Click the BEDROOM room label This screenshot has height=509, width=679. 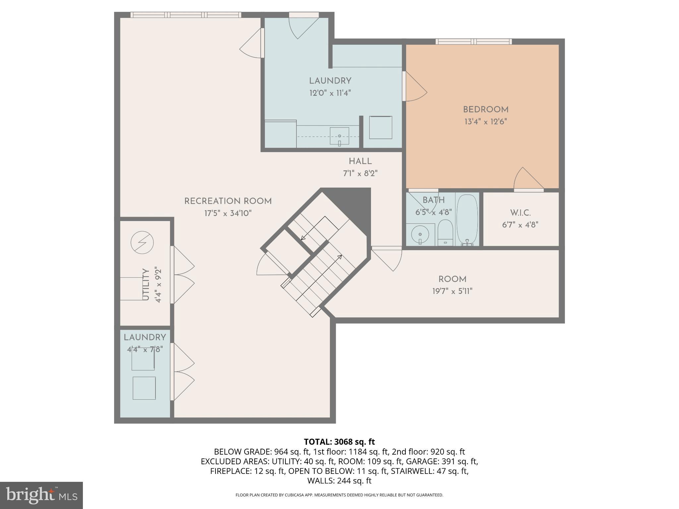pyautogui.click(x=485, y=110)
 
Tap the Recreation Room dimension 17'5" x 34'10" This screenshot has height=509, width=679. pyautogui.click(x=228, y=213)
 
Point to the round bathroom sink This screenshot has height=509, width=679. pyautogui.click(x=420, y=235)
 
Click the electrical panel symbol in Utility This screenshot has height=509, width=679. pyautogui.click(x=142, y=243)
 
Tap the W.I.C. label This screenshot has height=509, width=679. pyautogui.click(x=520, y=213)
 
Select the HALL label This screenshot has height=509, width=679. pyautogui.click(x=360, y=162)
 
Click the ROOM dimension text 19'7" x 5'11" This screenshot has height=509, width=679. pyautogui.click(x=452, y=291)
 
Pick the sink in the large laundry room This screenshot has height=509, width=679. pyautogui.click(x=339, y=136)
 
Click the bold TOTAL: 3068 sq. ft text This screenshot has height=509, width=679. pyautogui.click(x=339, y=442)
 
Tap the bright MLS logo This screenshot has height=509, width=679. pyautogui.click(x=41, y=495)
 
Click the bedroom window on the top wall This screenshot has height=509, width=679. pyautogui.click(x=473, y=41)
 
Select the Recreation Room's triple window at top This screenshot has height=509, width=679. pyautogui.click(x=186, y=15)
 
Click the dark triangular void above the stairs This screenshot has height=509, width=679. pyautogui.click(x=353, y=202)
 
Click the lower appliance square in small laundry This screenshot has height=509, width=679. pyautogui.click(x=144, y=388)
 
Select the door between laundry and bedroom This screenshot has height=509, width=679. pyautogui.click(x=404, y=86)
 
